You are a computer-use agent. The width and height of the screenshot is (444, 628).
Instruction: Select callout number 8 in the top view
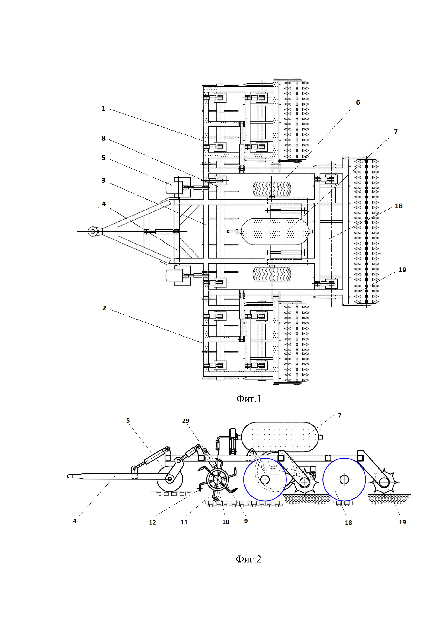coord(103,138)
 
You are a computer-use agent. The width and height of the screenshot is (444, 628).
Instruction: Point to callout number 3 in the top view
coord(103,180)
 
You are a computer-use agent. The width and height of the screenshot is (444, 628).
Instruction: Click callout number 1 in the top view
coord(103,109)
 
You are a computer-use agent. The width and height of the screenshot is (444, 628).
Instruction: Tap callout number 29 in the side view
coord(186,421)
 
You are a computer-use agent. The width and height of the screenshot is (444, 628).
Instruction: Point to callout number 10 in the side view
coord(226,522)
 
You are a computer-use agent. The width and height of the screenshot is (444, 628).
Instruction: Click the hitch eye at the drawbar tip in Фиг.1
coord(93,232)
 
